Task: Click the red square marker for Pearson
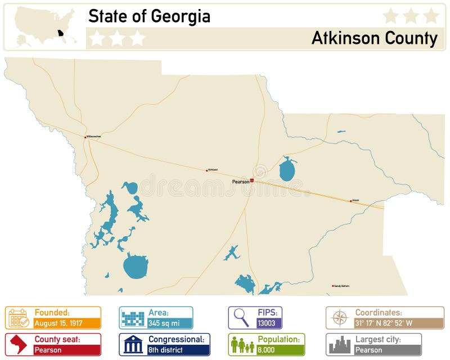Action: (x=252, y=181)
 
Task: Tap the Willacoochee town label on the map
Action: (x=94, y=136)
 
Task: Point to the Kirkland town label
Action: (x=213, y=169)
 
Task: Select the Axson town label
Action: (x=355, y=200)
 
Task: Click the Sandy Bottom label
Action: (x=341, y=286)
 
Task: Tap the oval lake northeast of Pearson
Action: (x=287, y=169)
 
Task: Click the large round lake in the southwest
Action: (x=135, y=266)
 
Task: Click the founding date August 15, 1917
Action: (x=59, y=323)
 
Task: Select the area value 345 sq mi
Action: (x=164, y=323)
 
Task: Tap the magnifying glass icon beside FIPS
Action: (x=241, y=318)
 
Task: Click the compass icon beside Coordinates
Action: (x=340, y=318)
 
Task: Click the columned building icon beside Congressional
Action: (x=133, y=344)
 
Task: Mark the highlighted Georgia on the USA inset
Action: (x=60, y=33)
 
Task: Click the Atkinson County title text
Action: (x=374, y=38)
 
